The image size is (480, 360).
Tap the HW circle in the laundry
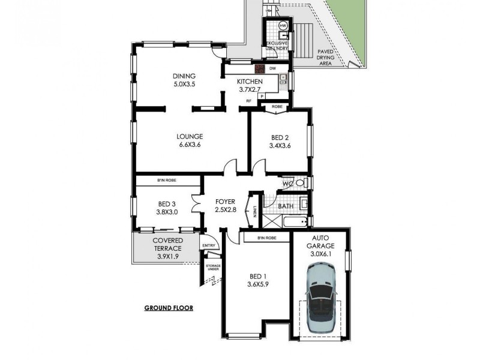click(x=283, y=25)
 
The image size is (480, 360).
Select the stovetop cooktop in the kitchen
click(x=259, y=68)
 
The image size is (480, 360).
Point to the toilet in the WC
click(x=304, y=183)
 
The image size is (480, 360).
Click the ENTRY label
click(x=209, y=245)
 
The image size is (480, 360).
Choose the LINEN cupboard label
click(x=256, y=211)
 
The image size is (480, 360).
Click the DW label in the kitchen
click(x=272, y=68)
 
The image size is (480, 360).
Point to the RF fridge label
click(x=248, y=101)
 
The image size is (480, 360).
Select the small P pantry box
click(x=262, y=95)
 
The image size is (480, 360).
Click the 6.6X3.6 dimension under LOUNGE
click(x=189, y=145)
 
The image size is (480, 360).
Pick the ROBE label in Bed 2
click(x=277, y=106)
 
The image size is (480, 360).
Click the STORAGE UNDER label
click(x=213, y=266)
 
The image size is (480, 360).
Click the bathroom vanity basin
click(x=304, y=204)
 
